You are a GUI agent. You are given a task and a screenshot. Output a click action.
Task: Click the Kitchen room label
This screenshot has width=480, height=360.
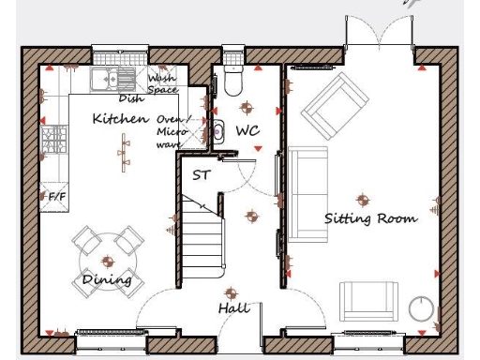(x=120, y=119)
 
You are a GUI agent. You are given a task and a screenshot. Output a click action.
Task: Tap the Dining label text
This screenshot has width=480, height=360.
(x=107, y=280)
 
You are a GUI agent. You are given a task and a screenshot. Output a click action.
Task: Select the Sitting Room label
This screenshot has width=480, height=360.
(x=370, y=218)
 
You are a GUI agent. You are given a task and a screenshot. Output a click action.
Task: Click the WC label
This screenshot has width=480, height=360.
(x=247, y=130)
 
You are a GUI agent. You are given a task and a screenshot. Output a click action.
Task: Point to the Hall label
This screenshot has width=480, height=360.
(x=234, y=308)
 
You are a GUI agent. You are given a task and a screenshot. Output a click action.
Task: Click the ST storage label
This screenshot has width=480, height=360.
(x=201, y=175)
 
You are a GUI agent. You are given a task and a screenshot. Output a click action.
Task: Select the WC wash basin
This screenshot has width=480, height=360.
(x=217, y=131)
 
